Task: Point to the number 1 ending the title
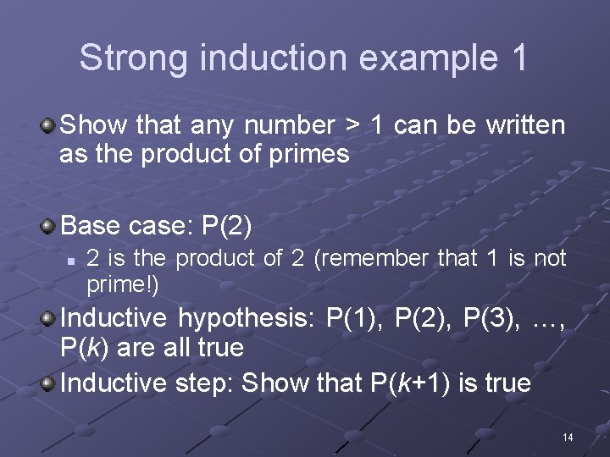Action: (518, 58)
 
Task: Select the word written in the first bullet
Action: (525, 126)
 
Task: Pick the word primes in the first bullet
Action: (308, 154)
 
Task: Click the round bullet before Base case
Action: (48, 226)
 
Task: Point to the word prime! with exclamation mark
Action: (122, 285)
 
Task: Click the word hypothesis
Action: (244, 319)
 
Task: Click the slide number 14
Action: (568, 437)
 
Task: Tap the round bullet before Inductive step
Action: (48, 383)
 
